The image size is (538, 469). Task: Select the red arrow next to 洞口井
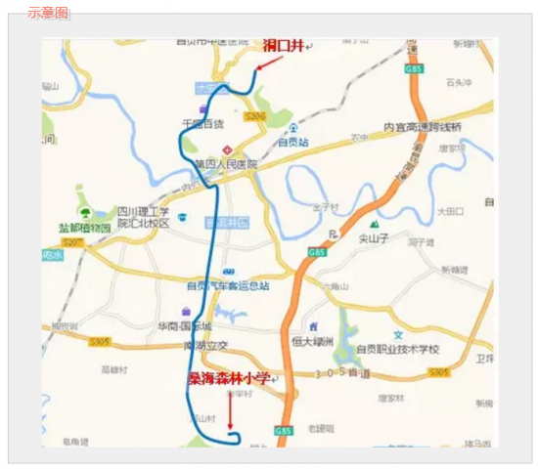(268, 61)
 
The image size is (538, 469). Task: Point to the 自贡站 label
(293, 142)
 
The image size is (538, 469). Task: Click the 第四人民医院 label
(225, 164)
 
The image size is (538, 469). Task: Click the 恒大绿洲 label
(313, 342)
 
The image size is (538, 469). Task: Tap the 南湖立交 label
(205, 345)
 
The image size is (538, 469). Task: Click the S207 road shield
(70, 241)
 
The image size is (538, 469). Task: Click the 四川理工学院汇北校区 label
(144, 217)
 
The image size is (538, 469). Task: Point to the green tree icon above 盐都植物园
(85, 211)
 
